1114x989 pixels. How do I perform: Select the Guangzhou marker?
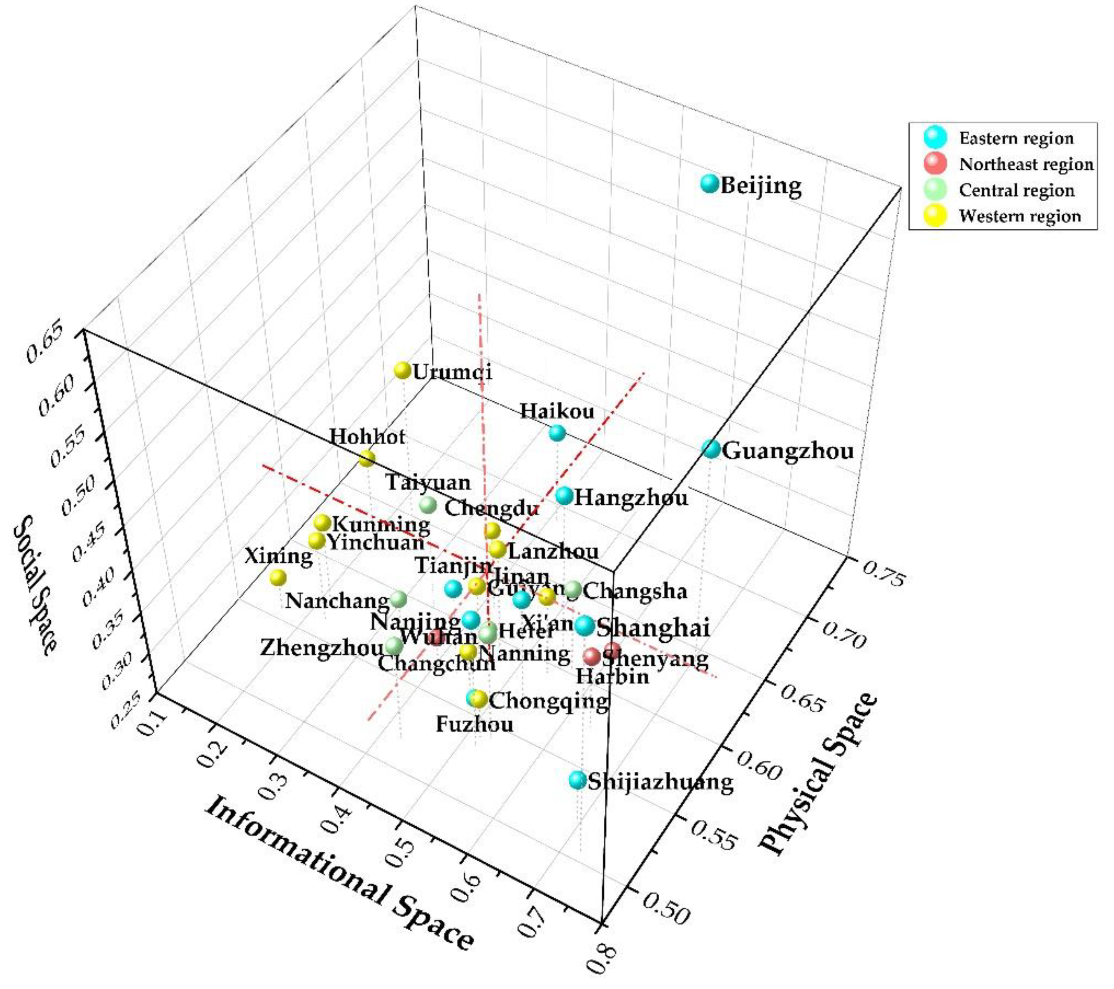[x=711, y=449]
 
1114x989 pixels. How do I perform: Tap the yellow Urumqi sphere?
[x=402, y=370]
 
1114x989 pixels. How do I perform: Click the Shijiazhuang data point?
[x=577, y=780]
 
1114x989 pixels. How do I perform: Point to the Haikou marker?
[x=557, y=433]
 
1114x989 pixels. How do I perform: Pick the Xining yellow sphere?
[x=278, y=577]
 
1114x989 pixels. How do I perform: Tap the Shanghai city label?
[x=653, y=628]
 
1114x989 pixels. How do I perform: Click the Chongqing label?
[x=548, y=700]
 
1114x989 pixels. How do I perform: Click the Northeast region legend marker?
[x=936, y=163]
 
